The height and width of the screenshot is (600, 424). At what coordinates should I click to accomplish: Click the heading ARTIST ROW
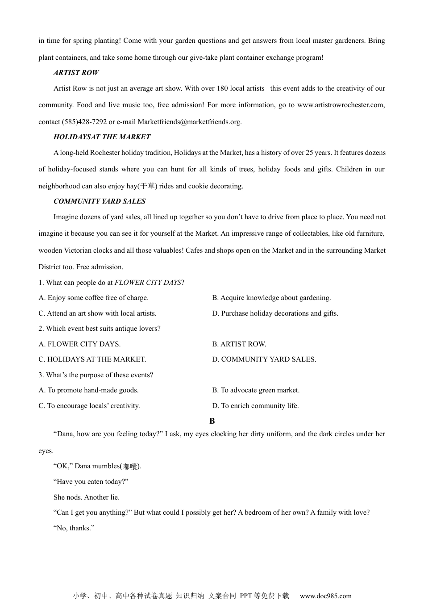pos(76,73)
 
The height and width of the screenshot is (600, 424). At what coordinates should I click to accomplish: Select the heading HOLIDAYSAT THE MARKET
pos(102,137)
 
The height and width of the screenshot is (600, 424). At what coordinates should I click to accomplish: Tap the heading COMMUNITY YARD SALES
pos(100,201)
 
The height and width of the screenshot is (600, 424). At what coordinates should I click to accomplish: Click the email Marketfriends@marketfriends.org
pos(189,122)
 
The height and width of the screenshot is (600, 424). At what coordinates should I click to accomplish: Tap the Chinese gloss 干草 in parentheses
pos(147,186)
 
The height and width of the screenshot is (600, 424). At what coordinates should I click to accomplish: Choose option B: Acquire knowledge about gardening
pos(271,298)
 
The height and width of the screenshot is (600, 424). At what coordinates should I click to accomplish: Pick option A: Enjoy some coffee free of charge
pos(94,298)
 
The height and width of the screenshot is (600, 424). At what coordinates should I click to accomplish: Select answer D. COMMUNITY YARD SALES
pos(264,359)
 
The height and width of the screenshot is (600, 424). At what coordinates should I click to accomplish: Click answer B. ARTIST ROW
pos(239,344)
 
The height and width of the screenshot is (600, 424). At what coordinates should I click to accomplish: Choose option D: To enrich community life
pos(255,406)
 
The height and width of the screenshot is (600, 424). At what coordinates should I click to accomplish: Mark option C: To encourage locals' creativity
pos(89,406)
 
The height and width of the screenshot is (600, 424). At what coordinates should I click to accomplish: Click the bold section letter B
pos(212,421)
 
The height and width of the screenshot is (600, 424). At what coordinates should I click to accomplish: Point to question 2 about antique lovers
pos(100,329)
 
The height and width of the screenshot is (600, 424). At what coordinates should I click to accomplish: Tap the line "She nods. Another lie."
pos(87,497)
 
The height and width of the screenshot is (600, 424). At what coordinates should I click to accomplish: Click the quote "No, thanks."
pos(74,528)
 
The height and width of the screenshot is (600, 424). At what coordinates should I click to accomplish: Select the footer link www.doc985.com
pos(325,596)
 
